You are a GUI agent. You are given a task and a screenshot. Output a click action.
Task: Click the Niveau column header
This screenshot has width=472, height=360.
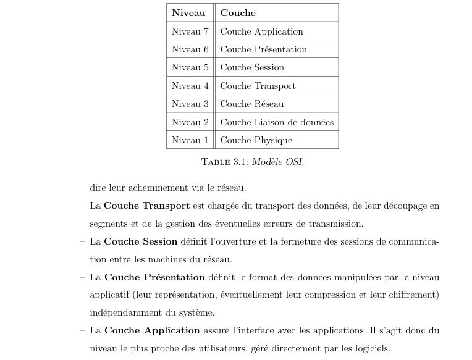tap(188, 13)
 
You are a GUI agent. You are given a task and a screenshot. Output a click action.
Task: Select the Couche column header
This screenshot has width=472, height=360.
tap(238, 13)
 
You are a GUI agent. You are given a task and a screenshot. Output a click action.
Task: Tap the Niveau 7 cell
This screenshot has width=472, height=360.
tap(190, 31)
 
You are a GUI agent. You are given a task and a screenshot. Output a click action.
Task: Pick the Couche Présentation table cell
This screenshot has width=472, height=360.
tap(263, 49)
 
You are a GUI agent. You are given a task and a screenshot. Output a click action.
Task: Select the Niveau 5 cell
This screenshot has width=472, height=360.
tap(190, 67)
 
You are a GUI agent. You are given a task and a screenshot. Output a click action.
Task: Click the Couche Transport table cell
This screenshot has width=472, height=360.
tap(258, 86)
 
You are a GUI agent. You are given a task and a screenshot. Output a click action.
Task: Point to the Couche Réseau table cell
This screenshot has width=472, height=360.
tap(252, 104)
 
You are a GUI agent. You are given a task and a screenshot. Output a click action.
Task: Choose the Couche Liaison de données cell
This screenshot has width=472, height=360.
tap(277, 122)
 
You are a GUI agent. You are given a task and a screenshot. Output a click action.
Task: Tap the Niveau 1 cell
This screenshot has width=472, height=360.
tap(190, 140)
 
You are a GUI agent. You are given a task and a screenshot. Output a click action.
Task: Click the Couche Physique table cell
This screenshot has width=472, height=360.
tap(256, 140)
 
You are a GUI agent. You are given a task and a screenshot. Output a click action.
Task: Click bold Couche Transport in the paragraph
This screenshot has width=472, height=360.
tap(146, 206)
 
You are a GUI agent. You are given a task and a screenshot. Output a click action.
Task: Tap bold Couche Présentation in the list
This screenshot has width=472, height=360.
tap(154, 277)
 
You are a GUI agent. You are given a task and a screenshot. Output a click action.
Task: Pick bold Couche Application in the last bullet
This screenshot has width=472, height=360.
tap(152, 330)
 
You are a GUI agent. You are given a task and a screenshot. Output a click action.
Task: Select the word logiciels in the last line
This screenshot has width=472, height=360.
tap(369, 349)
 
